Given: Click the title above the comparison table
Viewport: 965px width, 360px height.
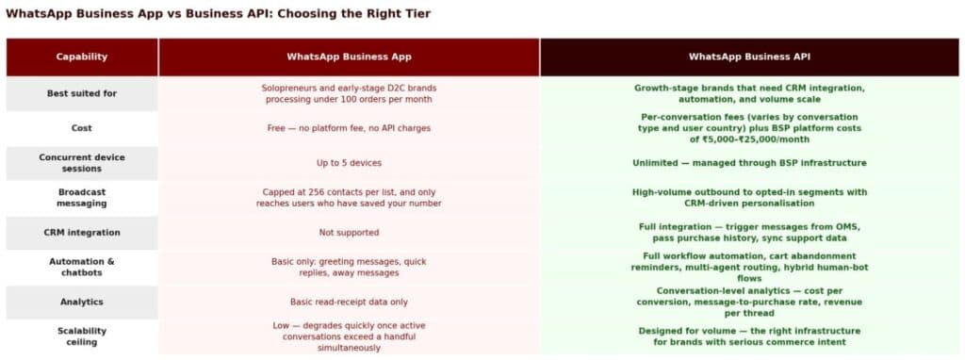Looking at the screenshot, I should coord(220,14).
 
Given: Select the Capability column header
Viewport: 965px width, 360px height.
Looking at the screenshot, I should coord(82,57).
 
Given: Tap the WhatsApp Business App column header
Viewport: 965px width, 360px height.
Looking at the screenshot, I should coord(349,57).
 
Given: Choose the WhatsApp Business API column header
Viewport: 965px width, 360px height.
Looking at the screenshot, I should coord(749,57).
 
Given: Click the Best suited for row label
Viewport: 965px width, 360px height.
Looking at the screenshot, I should coord(82,93).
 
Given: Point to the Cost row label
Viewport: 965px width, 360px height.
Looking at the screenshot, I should coord(82,127).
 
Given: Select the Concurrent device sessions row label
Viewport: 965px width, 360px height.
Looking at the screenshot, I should coord(82,163).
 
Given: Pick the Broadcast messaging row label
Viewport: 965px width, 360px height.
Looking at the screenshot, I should coord(82,197).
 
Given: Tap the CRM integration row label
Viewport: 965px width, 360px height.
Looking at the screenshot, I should coord(82,232).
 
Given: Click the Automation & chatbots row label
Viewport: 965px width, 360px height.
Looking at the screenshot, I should coord(82,267).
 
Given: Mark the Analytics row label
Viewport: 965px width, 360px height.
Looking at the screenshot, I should coord(82,302).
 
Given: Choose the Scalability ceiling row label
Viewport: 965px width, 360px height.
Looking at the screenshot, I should coord(82,336).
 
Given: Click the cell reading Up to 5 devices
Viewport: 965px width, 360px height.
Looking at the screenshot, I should coord(349,163).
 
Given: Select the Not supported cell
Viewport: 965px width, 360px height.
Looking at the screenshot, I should coord(349,232).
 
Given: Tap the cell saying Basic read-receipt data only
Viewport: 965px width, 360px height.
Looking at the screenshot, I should coord(349,302).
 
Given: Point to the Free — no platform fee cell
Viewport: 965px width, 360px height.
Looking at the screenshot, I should coord(349,127).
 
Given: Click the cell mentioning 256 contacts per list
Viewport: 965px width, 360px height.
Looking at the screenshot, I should coord(349,197).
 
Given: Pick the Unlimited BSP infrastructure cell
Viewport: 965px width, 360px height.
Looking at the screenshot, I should coord(749,163).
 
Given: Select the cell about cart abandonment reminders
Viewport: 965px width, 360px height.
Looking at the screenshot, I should coord(749,267).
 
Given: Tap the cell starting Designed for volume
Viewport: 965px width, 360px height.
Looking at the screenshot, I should coord(749,336).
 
